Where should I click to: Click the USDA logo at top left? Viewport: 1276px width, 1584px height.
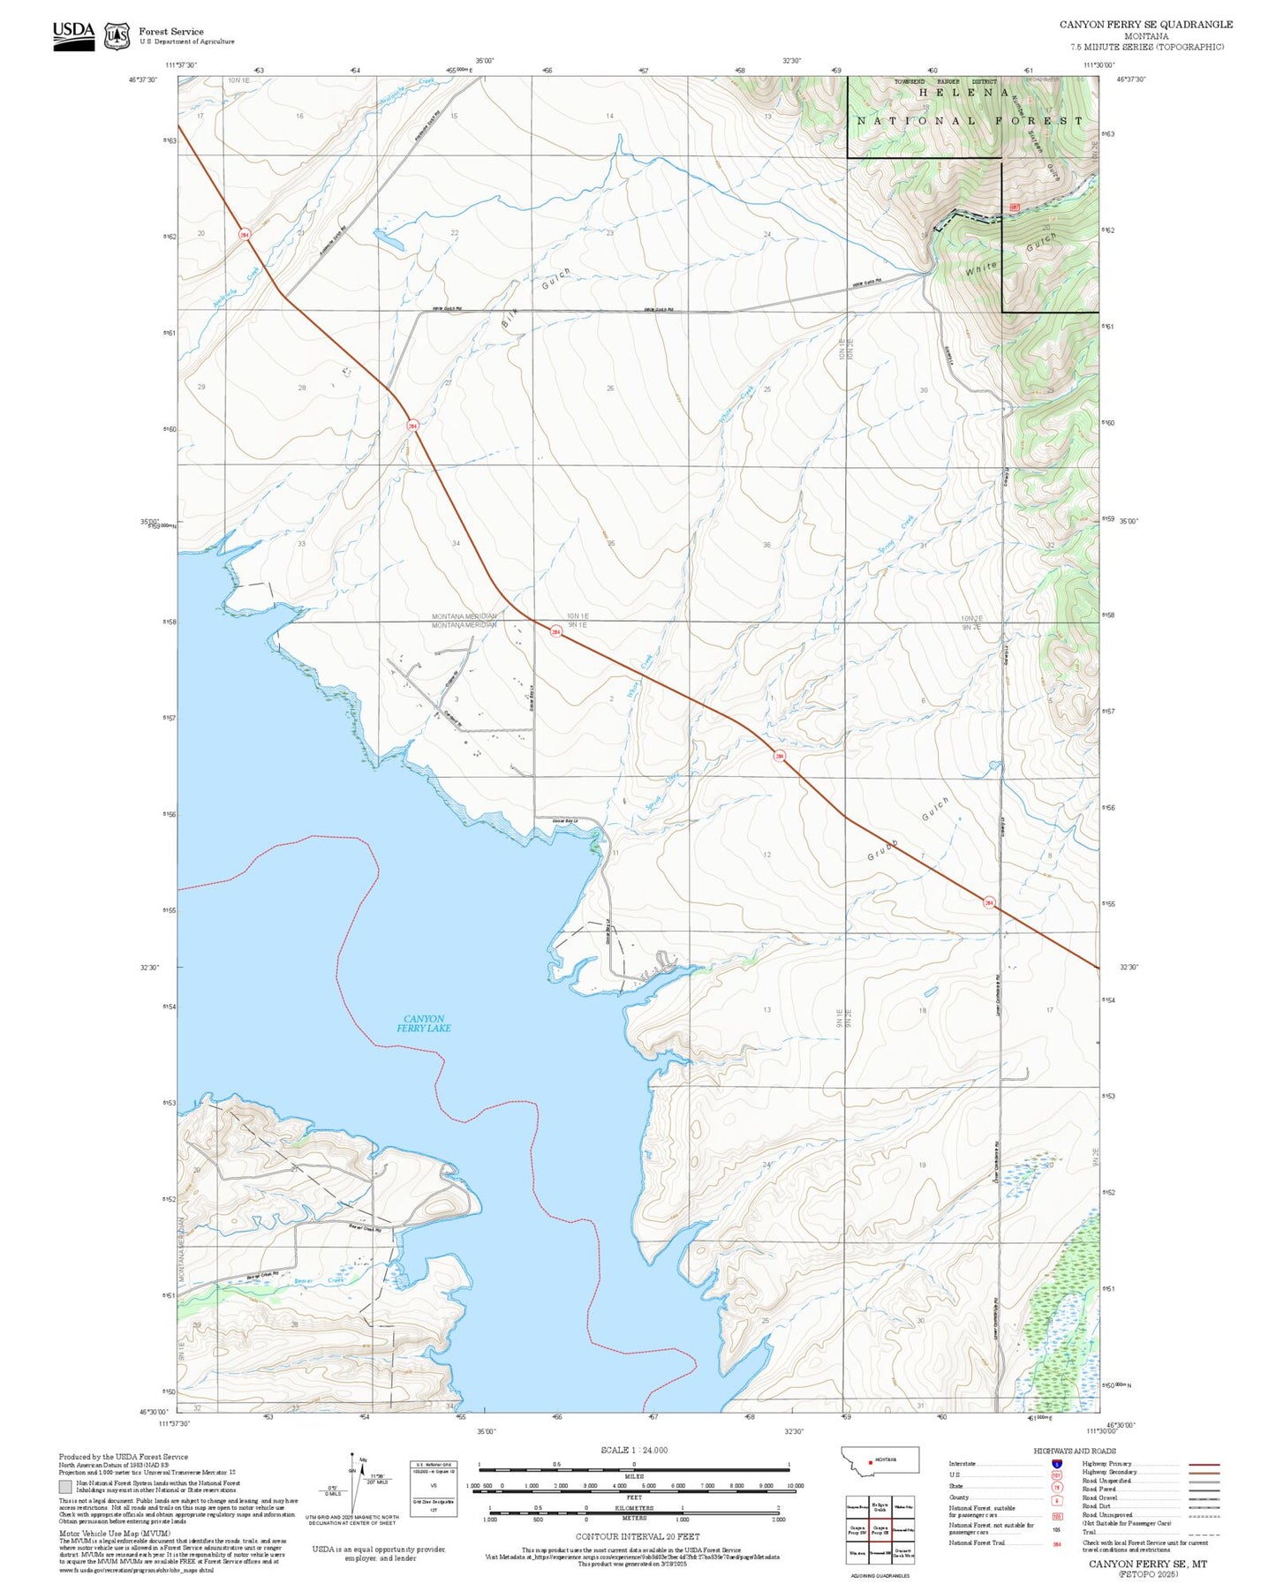coord(73,35)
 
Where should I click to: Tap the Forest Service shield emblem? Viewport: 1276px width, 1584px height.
coord(116,36)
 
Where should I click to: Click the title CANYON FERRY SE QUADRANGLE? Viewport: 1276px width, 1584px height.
coord(1145,24)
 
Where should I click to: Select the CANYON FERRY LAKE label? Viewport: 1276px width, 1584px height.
coord(424,1023)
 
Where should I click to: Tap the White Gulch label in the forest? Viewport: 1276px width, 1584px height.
coord(1010,255)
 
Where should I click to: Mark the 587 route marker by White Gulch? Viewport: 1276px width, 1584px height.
coord(1014,207)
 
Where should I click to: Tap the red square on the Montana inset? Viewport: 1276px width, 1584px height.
coord(872,1460)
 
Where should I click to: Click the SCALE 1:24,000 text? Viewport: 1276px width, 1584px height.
coord(633,1450)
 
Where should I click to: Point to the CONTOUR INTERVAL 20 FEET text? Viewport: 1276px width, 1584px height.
coord(637,1536)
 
